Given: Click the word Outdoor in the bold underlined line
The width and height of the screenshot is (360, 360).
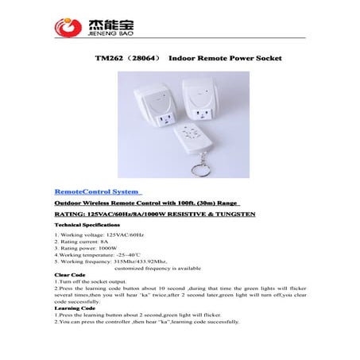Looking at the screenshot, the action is (70, 205).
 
